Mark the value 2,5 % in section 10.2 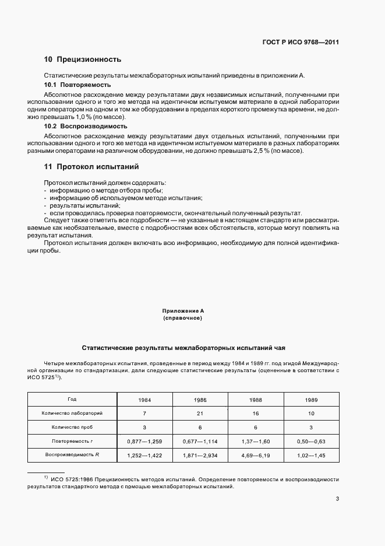click(241, 151)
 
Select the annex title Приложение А click(183, 311)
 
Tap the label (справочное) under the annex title click(183, 319)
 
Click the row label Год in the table click(72, 399)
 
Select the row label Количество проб click(72, 427)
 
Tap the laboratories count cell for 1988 click(256, 414)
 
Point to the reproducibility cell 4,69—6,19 click(256, 456)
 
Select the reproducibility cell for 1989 click(311, 456)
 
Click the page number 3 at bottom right click(338, 499)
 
